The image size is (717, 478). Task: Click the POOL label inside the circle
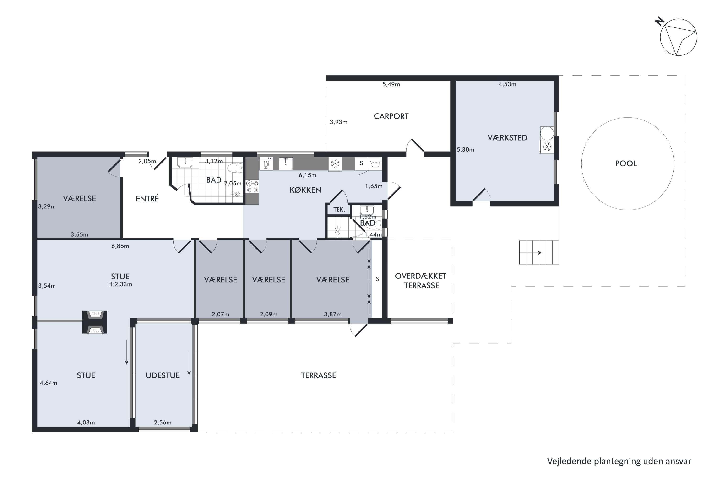coord(626,164)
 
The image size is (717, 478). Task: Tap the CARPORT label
coord(391,116)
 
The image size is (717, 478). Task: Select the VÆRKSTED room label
coord(507,138)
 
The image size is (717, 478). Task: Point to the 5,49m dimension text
coord(391,84)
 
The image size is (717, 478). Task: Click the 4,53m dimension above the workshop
coord(507,84)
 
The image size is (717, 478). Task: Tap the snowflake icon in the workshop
coord(547,147)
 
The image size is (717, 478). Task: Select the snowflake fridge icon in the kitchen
coord(335,164)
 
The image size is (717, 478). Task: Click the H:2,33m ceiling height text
coord(120,284)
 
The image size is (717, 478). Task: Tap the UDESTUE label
coord(163,375)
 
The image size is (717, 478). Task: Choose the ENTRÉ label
coord(147,199)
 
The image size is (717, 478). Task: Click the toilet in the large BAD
coord(235,168)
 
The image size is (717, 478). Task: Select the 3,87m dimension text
coord(333,314)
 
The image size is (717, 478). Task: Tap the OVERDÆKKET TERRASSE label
coord(421,281)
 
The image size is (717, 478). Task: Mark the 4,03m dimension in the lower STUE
coord(86,423)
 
